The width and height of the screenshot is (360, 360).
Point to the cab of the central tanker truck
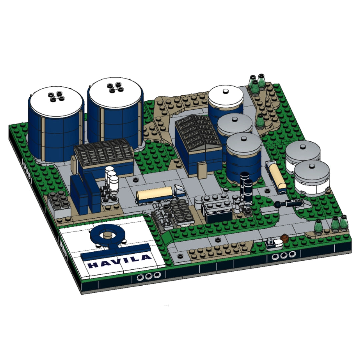pyautogui.click(x=179, y=191)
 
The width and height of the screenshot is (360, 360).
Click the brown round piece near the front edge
pyautogui.click(x=285, y=238)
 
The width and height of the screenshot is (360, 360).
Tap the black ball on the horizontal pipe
pyautogui.click(x=277, y=204)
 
